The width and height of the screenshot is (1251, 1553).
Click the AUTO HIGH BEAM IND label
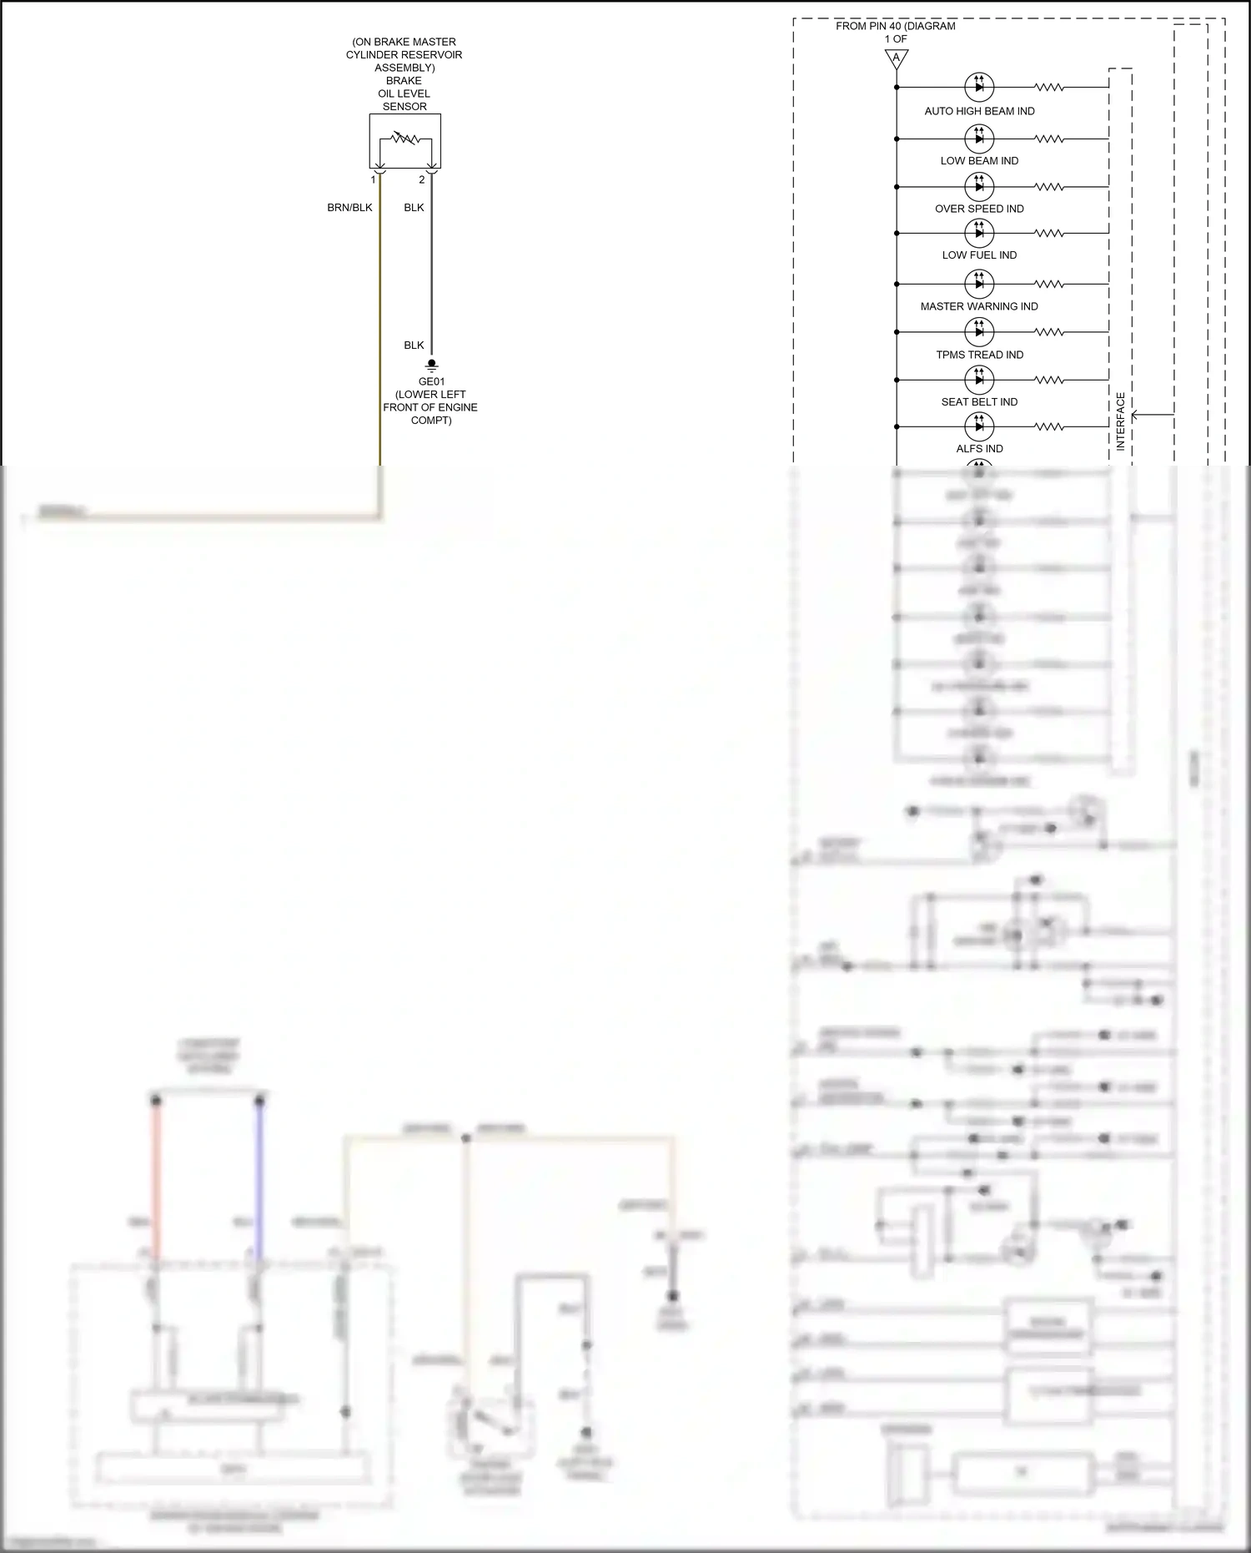pos(979,111)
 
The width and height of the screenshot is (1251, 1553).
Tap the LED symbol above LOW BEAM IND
pos(979,138)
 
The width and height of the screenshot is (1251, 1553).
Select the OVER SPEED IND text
pos(979,209)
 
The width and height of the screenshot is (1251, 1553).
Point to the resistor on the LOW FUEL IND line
pos(1049,233)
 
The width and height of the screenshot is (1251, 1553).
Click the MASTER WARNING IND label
pos(979,306)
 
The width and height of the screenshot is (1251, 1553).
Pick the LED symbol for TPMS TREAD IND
pos(979,331)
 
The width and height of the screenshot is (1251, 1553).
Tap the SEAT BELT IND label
pos(979,401)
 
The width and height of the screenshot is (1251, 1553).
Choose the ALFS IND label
pos(979,448)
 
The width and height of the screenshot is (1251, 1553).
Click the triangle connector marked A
pos(897,58)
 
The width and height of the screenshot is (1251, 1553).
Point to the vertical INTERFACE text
pos(1120,421)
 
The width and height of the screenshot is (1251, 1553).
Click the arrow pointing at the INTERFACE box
pos(1151,414)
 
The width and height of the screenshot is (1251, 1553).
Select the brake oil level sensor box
pos(404,141)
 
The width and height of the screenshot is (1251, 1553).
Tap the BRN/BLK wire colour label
pos(349,208)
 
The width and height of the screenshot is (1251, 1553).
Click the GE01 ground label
pos(431,381)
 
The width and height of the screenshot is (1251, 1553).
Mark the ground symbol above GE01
pos(431,365)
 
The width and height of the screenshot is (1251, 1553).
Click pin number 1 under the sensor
pos(373,179)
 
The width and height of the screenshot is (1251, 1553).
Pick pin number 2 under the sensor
pos(422,179)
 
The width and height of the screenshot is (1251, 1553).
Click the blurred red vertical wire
pos(155,1177)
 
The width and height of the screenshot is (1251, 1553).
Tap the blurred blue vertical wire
pos(259,1177)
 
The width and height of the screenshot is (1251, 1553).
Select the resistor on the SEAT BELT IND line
pos(1049,380)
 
